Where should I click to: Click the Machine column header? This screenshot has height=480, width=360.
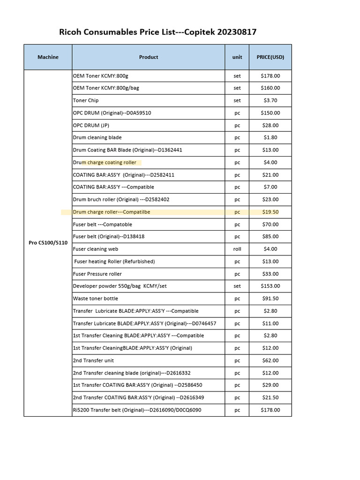coord(48,57)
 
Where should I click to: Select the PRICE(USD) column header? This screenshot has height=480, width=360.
coord(270,57)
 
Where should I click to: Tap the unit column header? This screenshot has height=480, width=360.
coord(237,57)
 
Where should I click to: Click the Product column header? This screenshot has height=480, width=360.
coord(149,57)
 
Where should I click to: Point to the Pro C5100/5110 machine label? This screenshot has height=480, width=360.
coord(48,243)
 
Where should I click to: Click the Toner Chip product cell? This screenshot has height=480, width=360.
coord(86,100)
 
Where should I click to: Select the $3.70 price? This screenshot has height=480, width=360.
coord(270,100)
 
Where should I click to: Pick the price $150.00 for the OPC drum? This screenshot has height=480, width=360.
coord(270,113)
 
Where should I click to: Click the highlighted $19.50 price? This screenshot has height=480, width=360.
coord(270,212)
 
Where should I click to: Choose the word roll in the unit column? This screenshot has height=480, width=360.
coord(237,249)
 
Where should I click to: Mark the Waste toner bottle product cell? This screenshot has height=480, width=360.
coord(96,299)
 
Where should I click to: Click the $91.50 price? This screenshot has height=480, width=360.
coord(270,299)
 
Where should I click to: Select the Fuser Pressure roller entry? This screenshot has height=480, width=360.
coord(97,274)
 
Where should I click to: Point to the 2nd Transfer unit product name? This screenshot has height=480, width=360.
coord(93,360)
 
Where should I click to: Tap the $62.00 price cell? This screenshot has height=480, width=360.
coord(270,360)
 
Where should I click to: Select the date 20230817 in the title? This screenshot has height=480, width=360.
coord(239,32)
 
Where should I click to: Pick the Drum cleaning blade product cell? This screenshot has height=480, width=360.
coord(97,137)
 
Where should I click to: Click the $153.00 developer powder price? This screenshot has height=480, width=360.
coord(270,286)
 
